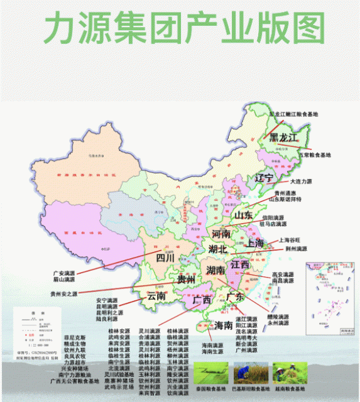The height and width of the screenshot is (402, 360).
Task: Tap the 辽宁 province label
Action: [264, 178]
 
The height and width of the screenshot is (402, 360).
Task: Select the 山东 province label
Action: [243, 215]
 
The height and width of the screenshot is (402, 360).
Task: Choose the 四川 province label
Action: [164, 257]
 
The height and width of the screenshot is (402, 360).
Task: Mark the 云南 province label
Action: [156, 295]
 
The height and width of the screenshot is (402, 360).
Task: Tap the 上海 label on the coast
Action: [255, 242]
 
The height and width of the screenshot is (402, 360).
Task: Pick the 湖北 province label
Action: [217, 249]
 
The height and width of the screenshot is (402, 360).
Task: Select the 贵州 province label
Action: [185, 279]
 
